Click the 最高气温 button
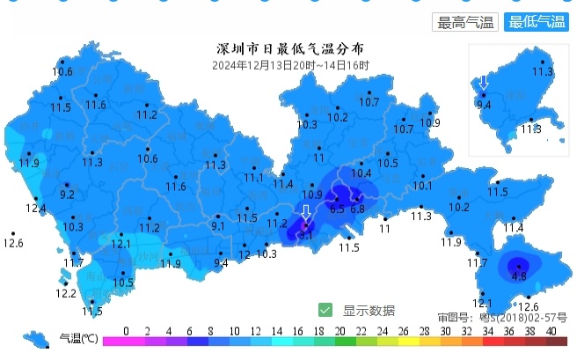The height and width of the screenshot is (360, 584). [x=466, y=23]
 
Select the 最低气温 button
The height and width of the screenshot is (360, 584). [x=537, y=23]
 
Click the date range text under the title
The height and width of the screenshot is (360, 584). [x=290, y=64]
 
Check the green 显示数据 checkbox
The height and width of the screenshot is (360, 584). [x=325, y=310]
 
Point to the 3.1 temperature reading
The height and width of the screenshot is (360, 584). [x=306, y=235]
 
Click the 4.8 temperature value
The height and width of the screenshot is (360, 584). [x=519, y=276]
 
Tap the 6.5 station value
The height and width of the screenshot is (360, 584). [x=337, y=209]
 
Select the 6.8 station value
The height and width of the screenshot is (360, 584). [x=357, y=209]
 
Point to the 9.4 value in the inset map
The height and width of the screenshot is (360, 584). [x=484, y=105]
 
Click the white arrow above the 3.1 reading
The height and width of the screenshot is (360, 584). [x=306, y=213]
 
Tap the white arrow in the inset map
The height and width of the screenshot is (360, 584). [x=483, y=84]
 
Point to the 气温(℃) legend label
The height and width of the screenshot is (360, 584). [x=77, y=338]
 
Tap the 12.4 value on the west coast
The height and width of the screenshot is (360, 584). [x=35, y=209]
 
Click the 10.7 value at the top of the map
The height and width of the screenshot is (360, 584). [x=369, y=102]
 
